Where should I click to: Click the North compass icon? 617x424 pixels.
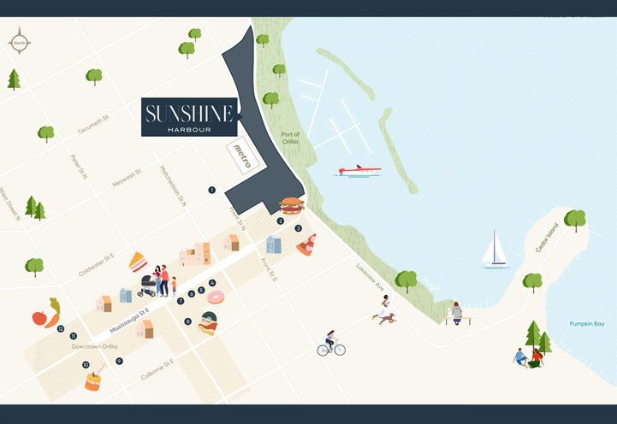click(20, 40)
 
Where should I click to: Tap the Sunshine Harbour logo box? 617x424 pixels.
click(189, 117)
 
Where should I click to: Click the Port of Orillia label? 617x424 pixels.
click(289, 138)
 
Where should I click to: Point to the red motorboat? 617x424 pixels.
click(359, 171)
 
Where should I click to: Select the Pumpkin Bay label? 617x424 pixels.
click(587, 324)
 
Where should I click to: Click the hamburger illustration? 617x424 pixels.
click(292, 205)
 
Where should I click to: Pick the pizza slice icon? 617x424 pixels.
click(306, 244)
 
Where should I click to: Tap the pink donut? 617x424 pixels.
click(215, 297)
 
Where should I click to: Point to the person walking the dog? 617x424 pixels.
click(384, 309)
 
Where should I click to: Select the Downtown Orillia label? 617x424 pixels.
click(93, 346)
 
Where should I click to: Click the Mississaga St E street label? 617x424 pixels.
click(129, 321)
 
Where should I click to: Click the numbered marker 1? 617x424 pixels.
click(211, 190)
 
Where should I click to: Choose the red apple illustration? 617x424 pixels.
click(39, 318)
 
